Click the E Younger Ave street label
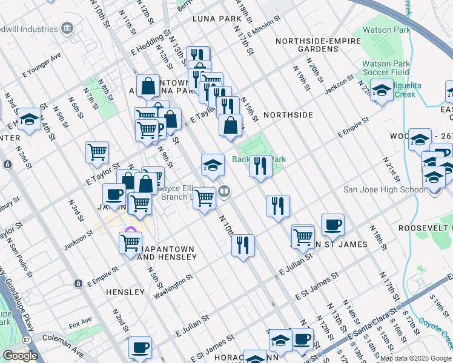click(x=42, y=74)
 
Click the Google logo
click(x=20, y=356)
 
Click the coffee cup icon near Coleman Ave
click(x=140, y=347)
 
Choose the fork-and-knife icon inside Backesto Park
click(x=260, y=165)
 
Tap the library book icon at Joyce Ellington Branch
click(x=224, y=192)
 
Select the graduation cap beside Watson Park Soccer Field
click(x=382, y=91)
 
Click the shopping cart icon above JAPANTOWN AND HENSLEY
click(x=131, y=243)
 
